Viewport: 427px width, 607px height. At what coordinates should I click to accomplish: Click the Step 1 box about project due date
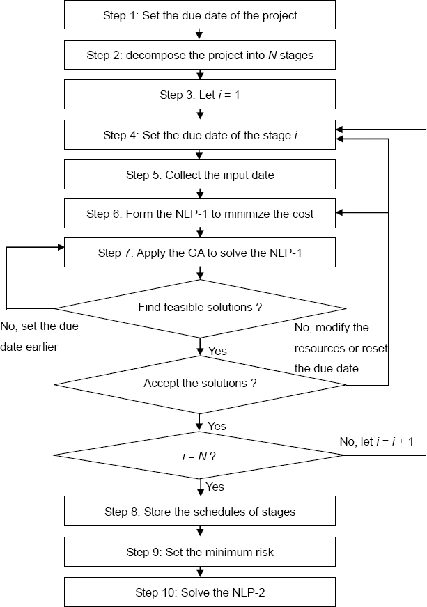(x=200, y=15)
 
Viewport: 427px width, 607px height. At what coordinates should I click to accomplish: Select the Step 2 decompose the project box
(x=200, y=55)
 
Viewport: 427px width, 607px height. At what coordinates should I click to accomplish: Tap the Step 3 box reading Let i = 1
(x=200, y=95)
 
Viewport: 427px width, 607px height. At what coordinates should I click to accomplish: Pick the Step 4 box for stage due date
(x=200, y=135)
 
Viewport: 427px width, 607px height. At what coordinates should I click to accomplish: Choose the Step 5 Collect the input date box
(x=200, y=175)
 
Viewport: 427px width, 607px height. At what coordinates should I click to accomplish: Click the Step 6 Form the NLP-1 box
(x=200, y=214)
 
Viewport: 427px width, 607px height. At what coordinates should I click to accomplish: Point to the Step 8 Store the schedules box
(x=200, y=512)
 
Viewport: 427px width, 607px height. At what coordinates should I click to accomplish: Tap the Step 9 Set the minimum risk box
(x=200, y=552)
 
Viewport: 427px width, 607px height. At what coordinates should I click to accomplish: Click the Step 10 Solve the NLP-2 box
(x=200, y=592)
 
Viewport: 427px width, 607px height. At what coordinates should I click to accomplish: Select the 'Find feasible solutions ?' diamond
(x=200, y=307)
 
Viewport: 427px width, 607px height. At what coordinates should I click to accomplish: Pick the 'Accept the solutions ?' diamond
(x=200, y=383)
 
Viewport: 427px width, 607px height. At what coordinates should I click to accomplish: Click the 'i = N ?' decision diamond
(x=200, y=455)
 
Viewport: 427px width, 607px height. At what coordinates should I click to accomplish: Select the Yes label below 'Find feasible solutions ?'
(x=217, y=351)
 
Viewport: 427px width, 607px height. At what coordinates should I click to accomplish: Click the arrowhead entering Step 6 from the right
(x=340, y=214)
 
